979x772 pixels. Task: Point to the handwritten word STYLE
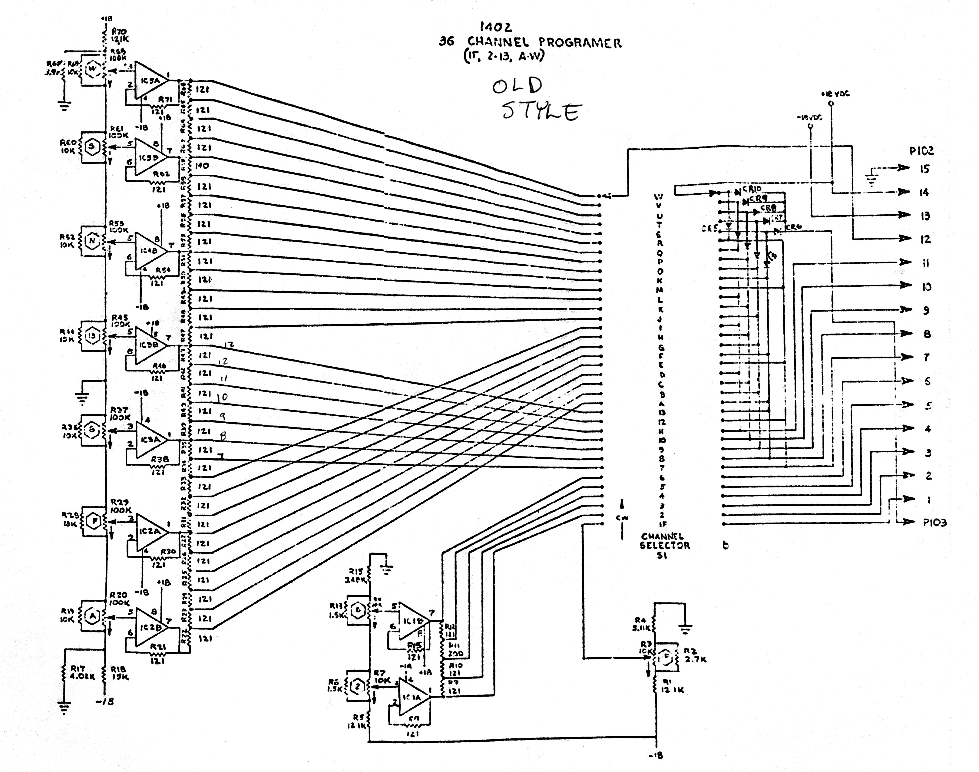[541, 111]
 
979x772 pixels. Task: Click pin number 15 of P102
[924, 169]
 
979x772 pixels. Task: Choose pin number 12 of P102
[925, 239]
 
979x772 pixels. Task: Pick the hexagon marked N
[92, 240]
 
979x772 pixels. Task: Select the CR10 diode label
[752, 189]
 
